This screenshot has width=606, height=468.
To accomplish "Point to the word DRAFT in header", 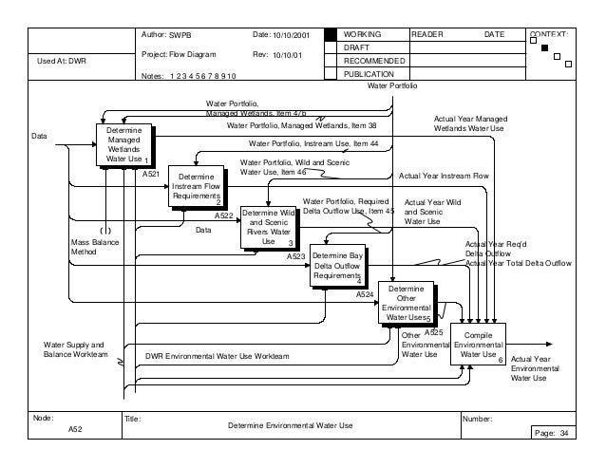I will tap(355, 47).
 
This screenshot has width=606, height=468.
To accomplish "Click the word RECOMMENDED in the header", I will tap(373, 61).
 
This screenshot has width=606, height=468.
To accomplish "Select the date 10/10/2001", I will tap(291, 35).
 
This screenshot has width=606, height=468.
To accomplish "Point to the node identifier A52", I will tap(76, 430).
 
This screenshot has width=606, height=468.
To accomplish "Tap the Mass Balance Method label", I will tap(94, 248).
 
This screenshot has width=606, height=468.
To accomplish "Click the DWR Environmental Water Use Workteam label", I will tap(217, 356).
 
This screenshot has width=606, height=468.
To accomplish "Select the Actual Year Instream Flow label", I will tap(443, 176).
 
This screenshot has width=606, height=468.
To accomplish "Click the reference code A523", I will tap(295, 256).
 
